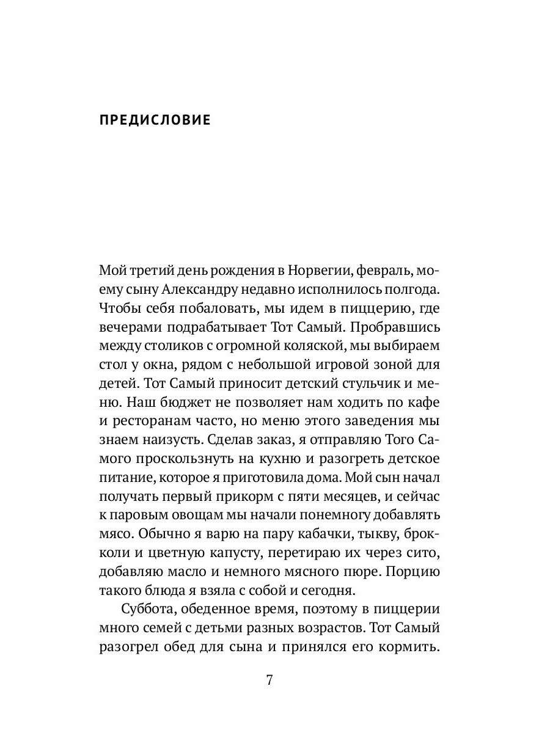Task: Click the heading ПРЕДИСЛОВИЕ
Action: (155, 120)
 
